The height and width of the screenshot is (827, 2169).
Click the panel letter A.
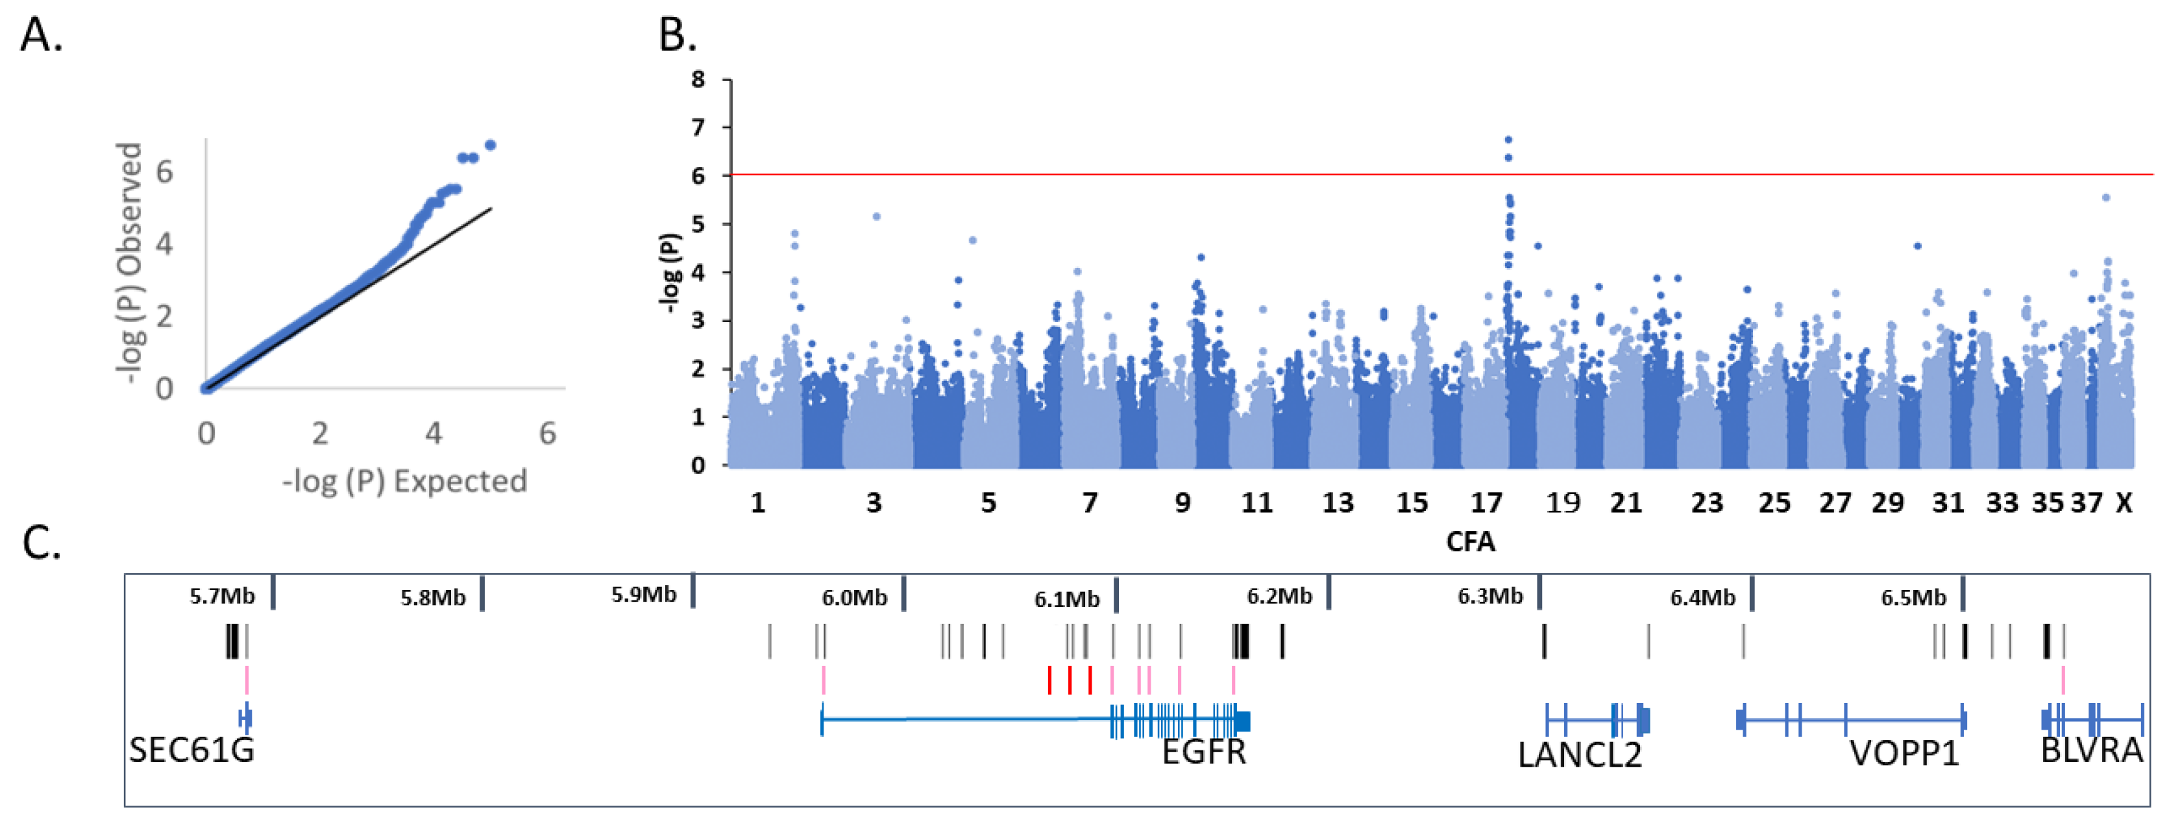[x=40, y=35]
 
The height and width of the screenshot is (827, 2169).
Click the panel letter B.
[x=676, y=35]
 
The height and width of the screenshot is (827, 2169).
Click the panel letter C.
[x=40, y=544]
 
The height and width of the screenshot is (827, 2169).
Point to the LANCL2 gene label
[x=1580, y=754]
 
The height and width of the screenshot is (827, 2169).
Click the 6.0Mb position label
[x=854, y=598]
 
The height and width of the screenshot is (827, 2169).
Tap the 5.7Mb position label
[x=221, y=597]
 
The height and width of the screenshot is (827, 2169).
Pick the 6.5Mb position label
[x=1913, y=598]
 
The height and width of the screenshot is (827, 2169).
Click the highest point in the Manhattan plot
[x=1508, y=140]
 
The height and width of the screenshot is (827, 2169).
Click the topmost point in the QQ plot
[x=490, y=145]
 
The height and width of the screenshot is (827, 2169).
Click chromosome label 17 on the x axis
[x=1486, y=503]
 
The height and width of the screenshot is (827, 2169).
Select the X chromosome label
[x=2124, y=503]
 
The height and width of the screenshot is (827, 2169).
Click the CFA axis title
[x=1470, y=541]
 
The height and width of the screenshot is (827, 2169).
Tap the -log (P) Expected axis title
[x=404, y=481]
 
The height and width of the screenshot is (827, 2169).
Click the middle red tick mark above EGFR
[x=1070, y=680]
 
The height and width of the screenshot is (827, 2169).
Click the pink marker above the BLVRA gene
[x=2063, y=680]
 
